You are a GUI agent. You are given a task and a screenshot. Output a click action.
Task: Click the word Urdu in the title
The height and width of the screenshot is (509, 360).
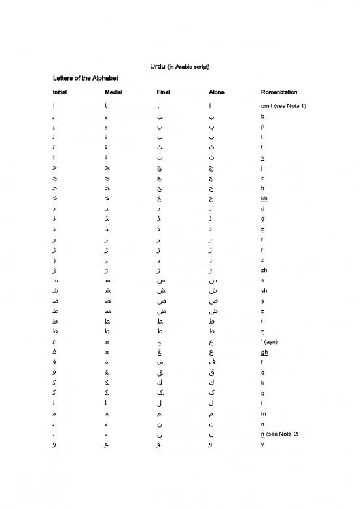click(x=149, y=67)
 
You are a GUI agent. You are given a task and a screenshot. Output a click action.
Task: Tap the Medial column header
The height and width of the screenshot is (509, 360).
click(x=113, y=92)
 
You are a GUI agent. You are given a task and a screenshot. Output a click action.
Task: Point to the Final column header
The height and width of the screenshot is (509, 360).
click(x=164, y=92)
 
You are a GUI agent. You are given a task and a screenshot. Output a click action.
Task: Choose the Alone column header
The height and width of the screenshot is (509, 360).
click(x=216, y=92)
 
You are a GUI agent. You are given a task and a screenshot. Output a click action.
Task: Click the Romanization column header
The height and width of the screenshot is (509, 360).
click(x=279, y=92)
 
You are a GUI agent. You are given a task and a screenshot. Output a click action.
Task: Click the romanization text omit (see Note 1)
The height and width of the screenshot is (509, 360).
click(x=283, y=106)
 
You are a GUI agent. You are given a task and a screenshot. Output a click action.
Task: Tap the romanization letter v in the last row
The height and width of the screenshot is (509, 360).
click(x=262, y=447)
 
